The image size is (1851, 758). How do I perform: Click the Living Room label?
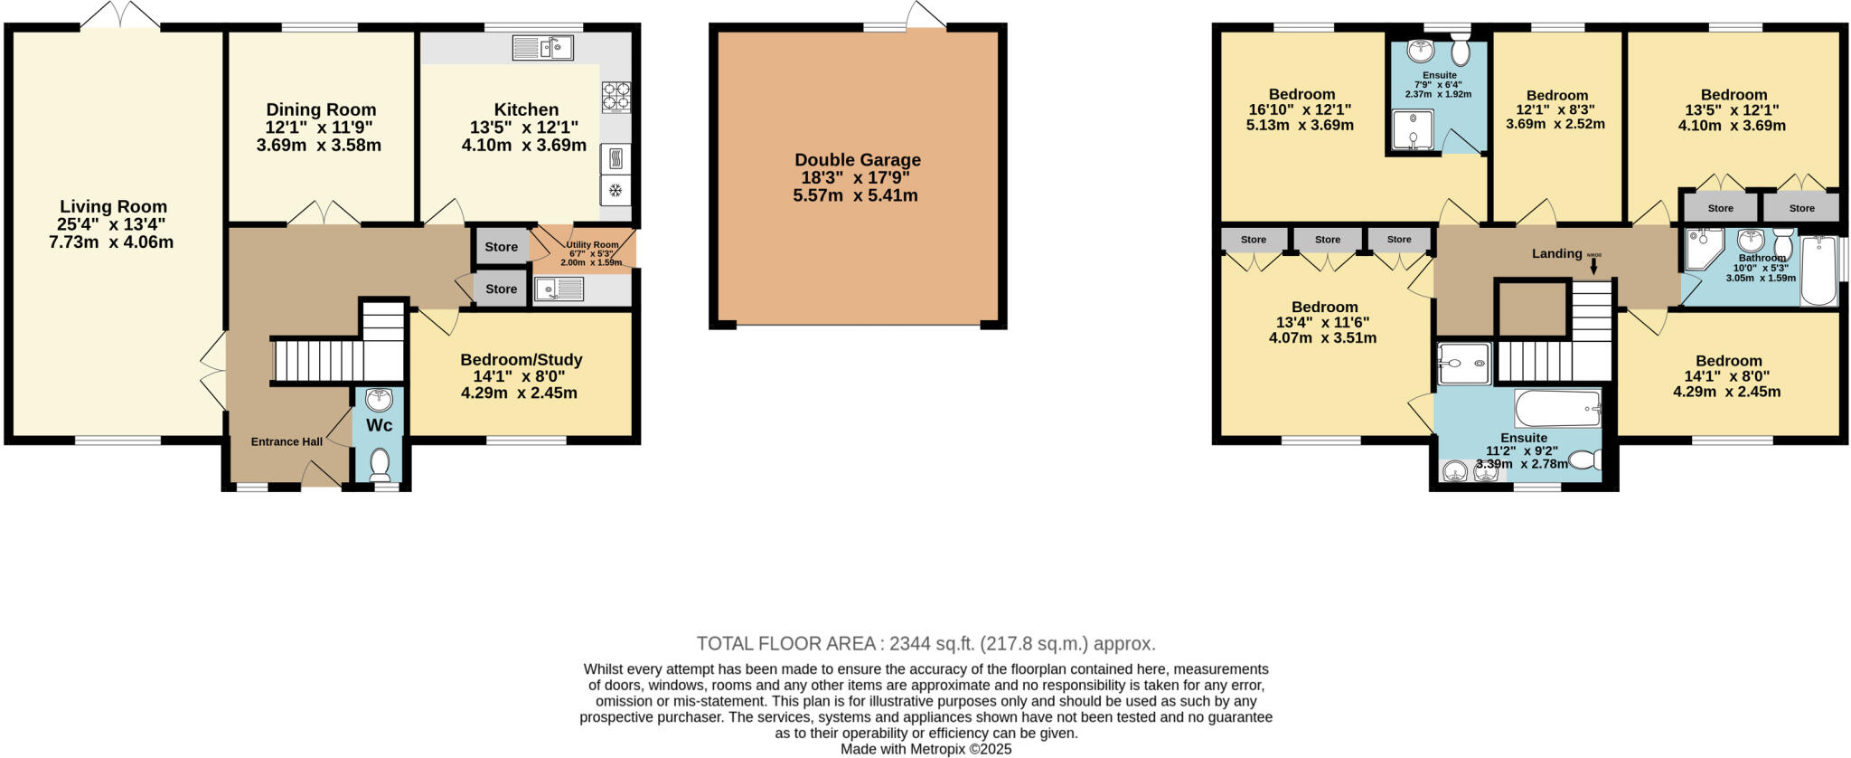click(113, 206)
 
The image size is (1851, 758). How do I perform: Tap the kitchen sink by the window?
click(542, 47)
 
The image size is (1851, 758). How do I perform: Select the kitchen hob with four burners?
click(616, 97)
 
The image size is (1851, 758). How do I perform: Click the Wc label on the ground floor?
click(379, 425)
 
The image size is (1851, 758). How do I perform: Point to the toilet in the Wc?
click(380, 464)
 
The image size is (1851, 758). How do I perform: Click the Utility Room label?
click(592, 244)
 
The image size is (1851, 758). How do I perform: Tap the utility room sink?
click(559, 289)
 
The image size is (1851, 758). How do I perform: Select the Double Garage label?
click(857, 160)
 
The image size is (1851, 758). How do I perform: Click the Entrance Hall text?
click(287, 441)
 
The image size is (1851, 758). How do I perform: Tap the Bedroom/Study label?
click(521, 360)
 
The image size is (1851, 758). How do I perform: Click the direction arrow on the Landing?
click(1593, 266)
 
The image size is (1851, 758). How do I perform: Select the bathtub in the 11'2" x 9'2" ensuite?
click(1557, 409)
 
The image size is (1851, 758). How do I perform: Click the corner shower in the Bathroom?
click(1703, 248)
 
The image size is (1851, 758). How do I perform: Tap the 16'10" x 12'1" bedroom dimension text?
click(1300, 109)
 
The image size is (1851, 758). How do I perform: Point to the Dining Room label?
click(321, 110)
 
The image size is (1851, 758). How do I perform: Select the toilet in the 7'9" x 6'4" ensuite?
click(1460, 52)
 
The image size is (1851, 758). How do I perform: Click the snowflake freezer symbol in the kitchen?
click(615, 190)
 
